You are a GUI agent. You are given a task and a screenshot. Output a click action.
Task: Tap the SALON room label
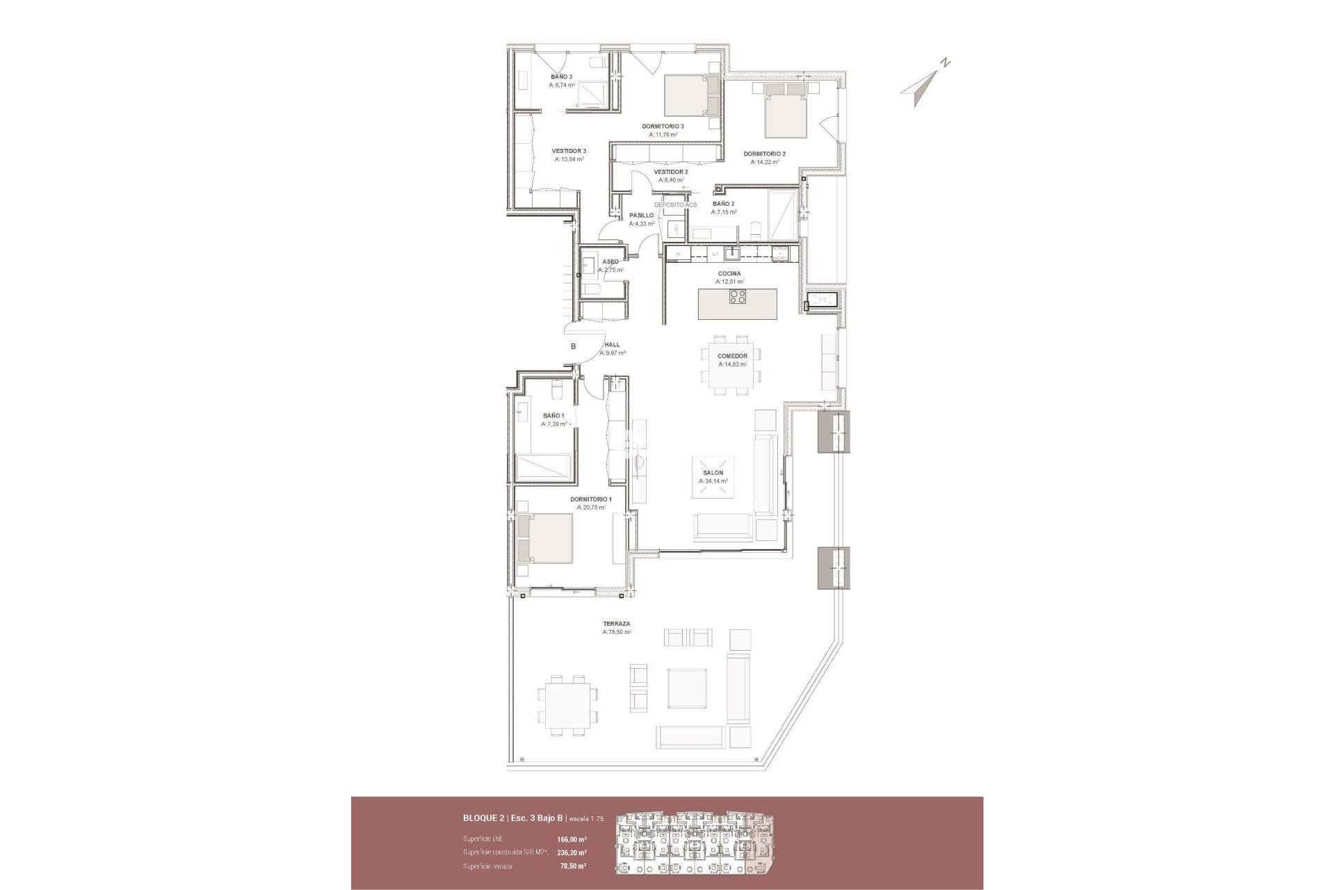[713, 473]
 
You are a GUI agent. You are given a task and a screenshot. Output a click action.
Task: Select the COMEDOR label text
[732, 356]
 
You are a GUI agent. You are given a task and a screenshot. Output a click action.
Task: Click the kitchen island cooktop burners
[738, 297]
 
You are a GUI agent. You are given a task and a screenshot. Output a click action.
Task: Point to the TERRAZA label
[616, 624]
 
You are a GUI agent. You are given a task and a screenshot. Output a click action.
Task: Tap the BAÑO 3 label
[562, 76]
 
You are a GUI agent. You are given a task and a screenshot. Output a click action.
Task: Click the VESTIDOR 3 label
[569, 150]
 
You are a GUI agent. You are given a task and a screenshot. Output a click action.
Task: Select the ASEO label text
[610, 261]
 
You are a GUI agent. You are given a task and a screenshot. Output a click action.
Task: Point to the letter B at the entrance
[574, 346]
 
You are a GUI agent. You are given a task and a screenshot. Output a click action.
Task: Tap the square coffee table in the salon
[713, 476]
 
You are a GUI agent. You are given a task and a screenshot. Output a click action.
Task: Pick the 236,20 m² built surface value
[572, 852]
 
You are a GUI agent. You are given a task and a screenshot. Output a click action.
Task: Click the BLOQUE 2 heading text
[485, 818]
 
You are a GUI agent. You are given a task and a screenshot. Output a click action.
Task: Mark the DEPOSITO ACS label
[675, 205]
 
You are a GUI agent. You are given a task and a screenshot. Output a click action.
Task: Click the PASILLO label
[641, 216]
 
